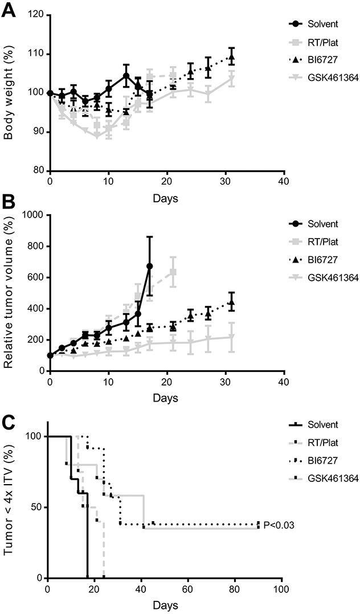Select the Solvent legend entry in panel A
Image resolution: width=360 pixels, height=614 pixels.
(322, 24)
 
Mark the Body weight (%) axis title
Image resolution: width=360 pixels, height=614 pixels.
(9, 92)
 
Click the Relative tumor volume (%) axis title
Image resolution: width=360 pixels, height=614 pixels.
(9, 292)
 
